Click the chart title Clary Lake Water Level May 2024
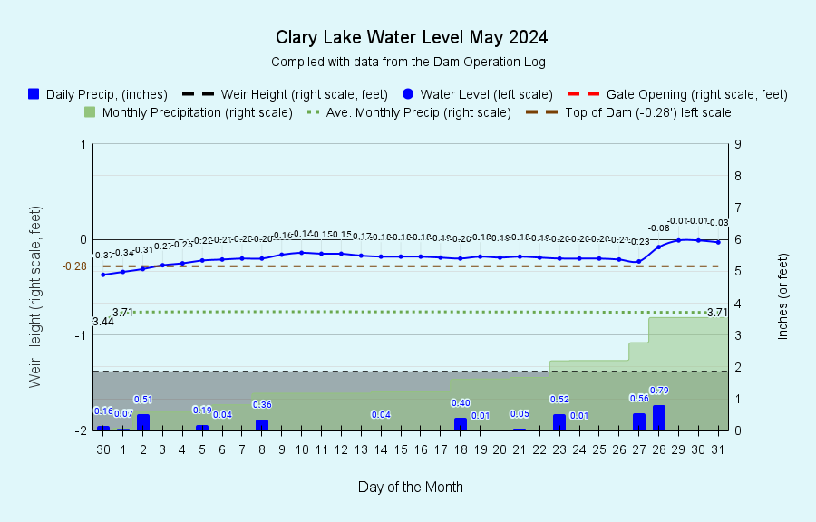coord(411,38)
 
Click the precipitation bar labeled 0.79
coord(659,418)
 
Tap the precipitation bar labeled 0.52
coord(559,422)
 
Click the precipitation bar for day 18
coord(461,424)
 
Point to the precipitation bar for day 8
coord(262,425)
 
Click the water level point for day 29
coord(678,240)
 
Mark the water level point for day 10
coord(302,253)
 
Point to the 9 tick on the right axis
coord(739,144)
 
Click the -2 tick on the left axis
coord(83,430)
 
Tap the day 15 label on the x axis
coord(401,449)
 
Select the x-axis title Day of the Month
coord(411,487)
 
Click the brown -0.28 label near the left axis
coord(74,266)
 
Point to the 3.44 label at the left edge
coord(103,322)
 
